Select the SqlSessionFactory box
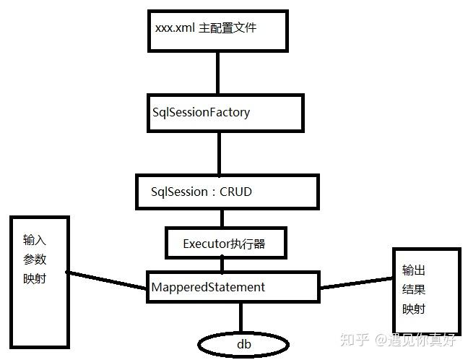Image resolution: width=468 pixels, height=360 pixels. click(224, 113)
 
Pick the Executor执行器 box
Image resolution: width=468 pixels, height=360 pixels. click(225, 244)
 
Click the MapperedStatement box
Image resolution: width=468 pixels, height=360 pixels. click(233, 287)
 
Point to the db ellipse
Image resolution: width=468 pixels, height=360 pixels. click(244, 344)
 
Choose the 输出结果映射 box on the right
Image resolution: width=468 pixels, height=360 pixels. click(425, 289)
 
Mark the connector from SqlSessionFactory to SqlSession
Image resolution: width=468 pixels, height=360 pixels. click(219, 153)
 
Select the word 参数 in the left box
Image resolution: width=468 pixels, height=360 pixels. click(35, 260)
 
